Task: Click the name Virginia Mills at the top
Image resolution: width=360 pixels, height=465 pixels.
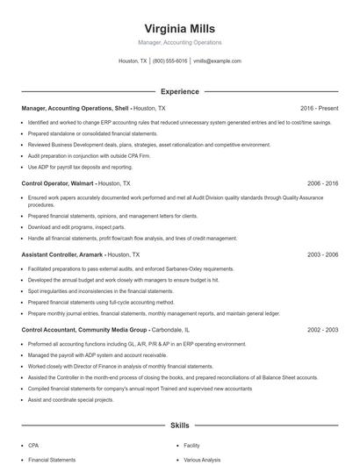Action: tap(179, 28)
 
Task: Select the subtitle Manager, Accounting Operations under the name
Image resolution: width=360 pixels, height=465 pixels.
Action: tap(179, 42)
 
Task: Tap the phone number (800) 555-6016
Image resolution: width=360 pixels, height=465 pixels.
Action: tap(169, 61)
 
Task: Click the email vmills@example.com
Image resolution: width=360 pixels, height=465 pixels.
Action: tap(217, 61)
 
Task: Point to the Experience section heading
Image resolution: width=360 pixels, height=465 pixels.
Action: tap(179, 91)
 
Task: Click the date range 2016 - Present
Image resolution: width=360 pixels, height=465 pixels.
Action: tap(319, 108)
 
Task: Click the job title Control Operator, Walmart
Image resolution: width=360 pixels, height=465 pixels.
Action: tap(58, 183)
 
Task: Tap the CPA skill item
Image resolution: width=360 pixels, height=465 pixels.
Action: tap(33, 445)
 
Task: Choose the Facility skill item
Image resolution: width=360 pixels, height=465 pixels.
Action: tap(191, 445)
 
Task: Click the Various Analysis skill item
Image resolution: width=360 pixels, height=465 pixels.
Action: tap(201, 459)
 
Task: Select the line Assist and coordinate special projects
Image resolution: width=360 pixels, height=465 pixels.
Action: tap(71, 399)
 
